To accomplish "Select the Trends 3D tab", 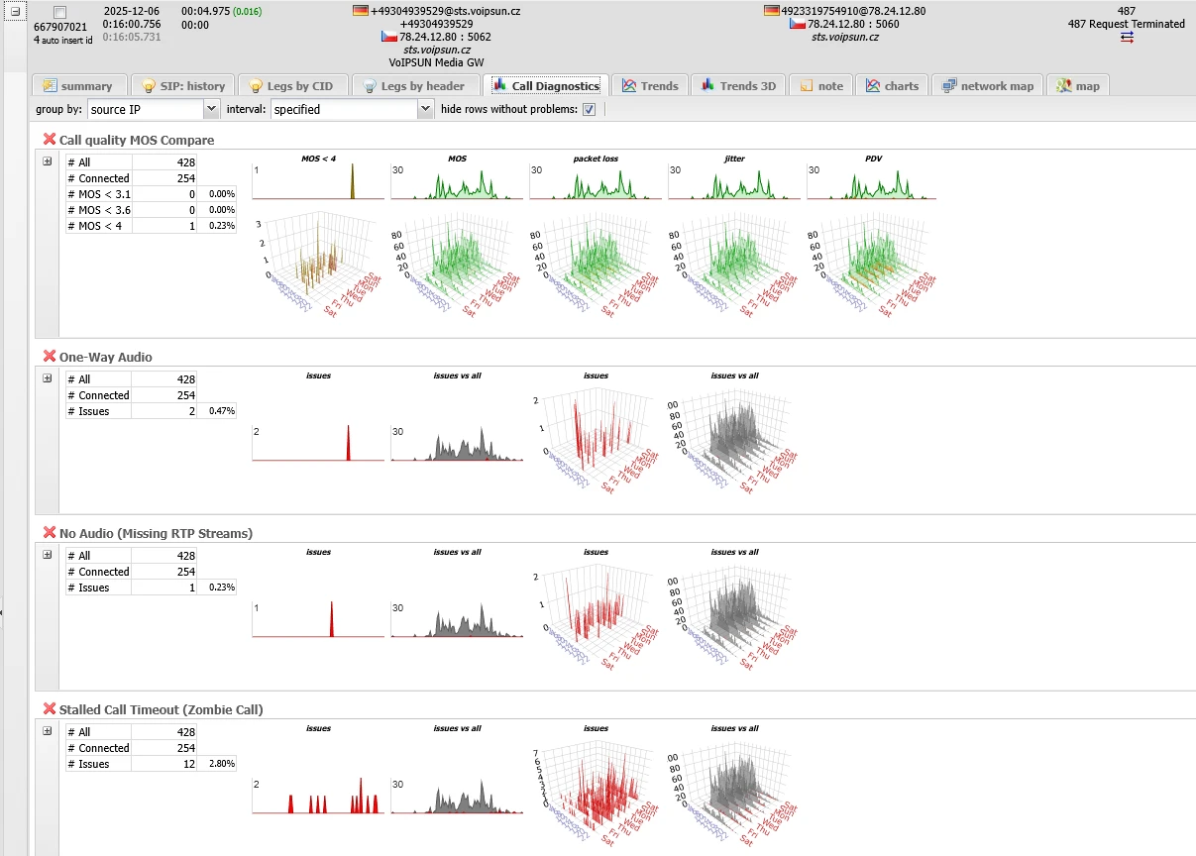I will click(738, 86).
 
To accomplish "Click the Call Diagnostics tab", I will click(547, 86).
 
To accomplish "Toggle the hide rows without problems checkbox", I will click(589, 109).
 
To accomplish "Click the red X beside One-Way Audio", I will click(49, 357).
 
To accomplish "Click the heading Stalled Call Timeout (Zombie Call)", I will click(161, 709).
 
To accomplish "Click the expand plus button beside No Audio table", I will click(47, 555).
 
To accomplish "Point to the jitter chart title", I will click(733, 159).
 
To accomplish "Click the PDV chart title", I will click(872, 159).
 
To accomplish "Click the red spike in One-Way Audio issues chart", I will click(348, 445).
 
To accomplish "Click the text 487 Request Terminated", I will click(1126, 24).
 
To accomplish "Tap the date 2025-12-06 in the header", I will click(131, 11).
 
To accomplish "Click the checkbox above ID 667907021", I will click(60, 12).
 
